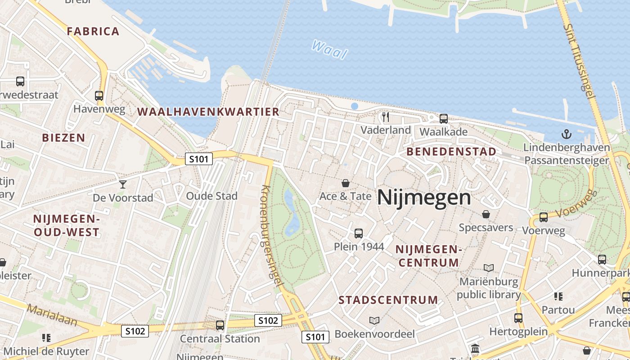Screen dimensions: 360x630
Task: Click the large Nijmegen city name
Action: pyautogui.click(x=424, y=197)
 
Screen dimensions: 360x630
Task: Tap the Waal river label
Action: pyautogui.click(x=330, y=49)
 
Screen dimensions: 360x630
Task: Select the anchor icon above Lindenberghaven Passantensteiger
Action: pyautogui.click(x=566, y=134)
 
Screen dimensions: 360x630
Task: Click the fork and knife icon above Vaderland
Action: pyautogui.click(x=385, y=117)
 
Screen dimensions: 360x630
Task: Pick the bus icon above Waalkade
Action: pyautogui.click(x=444, y=119)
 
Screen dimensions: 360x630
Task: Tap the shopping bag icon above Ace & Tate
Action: pyautogui.click(x=345, y=183)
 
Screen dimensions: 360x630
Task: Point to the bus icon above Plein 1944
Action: pyautogui.click(x=359, y=233)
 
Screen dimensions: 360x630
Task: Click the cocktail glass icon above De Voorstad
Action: pyautogui.click(x=122, y=184)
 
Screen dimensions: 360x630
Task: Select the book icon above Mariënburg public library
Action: pyautogui.click(x=489, y=268)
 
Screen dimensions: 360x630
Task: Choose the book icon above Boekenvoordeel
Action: pyautogui.click(x=374, y=320)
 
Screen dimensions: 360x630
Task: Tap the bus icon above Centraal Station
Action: pyautogui.click(x=220, y=325)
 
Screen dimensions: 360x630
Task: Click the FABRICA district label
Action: pyautogui.click(x=93, y=31)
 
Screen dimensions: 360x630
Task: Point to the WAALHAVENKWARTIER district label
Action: pyautogui.click(x=208, y=112)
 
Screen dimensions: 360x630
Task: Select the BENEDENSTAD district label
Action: pyautogui.click(x=451, y=152)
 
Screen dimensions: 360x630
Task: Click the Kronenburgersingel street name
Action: pyautogui.click(x=272, y=235)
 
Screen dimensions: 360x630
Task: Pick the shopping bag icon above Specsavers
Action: pyautogui.click(x=486, y=214)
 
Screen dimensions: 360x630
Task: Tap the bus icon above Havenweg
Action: pyautogui.click(x=99, y=95)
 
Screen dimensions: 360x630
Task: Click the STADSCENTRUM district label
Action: pyautogui.click(x=388, y=300)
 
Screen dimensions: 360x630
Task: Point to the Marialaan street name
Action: pyautogui.click(x=52, y=315)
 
